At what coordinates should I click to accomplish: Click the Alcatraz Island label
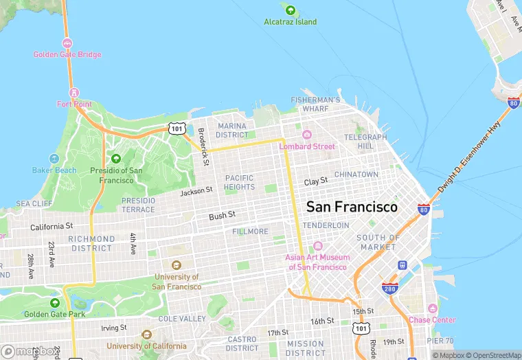click(x=291, y=22)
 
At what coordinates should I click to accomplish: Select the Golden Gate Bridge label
click(x=67, y=55)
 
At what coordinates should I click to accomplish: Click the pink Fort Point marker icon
click(x=73, y=92)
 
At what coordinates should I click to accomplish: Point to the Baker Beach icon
click(x=54, y=159)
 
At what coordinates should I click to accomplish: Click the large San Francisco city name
click(x=351, y=207)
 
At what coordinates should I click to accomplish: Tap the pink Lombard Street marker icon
click(x=307, y=135)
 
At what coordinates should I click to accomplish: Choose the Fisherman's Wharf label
click(x=315, y=104)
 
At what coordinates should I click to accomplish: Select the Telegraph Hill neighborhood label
click(x=365, y=142)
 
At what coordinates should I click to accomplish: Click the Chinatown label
click(x=356, y=175)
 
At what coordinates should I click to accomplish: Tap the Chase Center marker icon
click(x=432, y=308)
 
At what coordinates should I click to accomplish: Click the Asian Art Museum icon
click(x=317, y=246)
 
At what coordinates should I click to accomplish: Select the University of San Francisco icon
click(x=176, y=265)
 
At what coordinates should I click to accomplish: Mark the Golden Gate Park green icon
click(x=54, y=303)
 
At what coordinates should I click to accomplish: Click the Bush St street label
click(x=222, y=216)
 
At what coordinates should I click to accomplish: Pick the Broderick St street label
click(x=203, y=146)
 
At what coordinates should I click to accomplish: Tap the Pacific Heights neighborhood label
click(x=239, y=182)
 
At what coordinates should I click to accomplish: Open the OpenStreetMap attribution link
click(x=493, y=355)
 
